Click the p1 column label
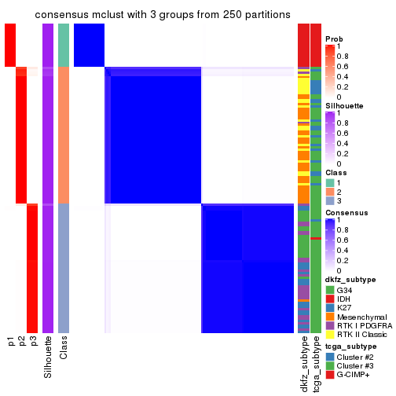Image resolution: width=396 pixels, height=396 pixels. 11,341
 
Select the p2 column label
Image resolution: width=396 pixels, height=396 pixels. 22,341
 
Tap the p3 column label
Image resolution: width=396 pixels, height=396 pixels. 33,341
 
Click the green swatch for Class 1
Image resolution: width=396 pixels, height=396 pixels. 329,183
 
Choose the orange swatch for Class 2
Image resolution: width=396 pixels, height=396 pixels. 329,192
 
